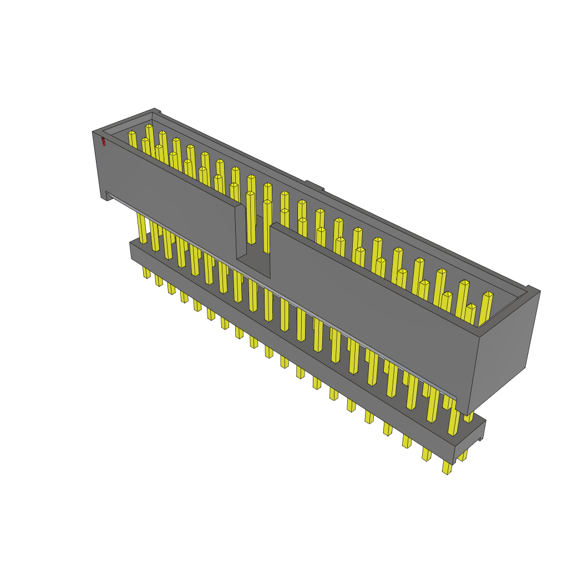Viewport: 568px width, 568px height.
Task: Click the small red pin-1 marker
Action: click(x=103, y=141)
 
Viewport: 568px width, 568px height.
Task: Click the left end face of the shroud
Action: click(x=100, y=164)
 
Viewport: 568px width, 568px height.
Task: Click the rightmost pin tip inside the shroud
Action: click(x=488, y=295)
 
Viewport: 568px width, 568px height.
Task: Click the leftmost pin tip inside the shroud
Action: click(x=132, y=134)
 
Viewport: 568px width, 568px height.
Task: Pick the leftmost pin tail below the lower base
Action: click(x=146, y=272)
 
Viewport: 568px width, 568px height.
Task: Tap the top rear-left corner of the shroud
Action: click(x=155, y=110)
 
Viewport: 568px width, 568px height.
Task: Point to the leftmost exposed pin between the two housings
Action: click(x=142, y=228)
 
